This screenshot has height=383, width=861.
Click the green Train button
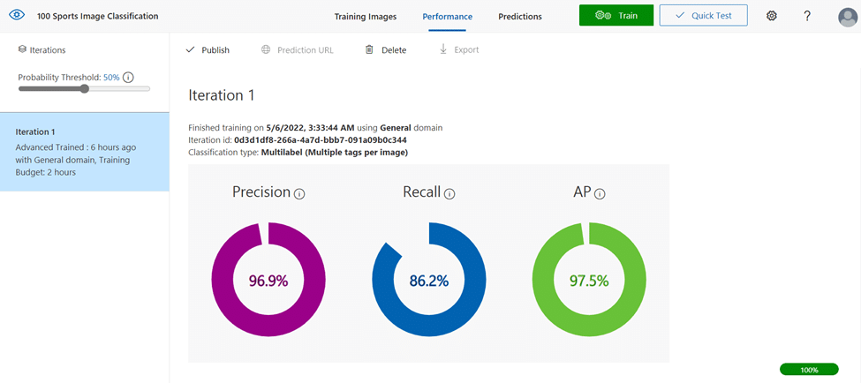616,15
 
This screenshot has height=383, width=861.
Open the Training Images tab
366,17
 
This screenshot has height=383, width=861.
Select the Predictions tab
520,17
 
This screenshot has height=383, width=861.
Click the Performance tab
447,17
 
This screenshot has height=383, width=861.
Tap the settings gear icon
772,16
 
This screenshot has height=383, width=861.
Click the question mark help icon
807,16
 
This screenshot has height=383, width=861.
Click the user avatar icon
848,17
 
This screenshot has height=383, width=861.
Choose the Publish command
208,50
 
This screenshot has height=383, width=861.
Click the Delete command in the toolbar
386,50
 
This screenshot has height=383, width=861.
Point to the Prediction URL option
297,50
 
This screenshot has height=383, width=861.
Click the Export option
459,50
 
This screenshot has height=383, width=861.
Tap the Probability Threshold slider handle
84,89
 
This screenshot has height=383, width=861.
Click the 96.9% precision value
268,281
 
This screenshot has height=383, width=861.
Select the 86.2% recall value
429,281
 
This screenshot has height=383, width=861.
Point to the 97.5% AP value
589,281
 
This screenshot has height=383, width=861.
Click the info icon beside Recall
450,193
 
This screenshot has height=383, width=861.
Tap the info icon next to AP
600,193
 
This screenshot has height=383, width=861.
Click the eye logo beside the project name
17,15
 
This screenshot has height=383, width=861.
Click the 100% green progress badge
809,370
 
